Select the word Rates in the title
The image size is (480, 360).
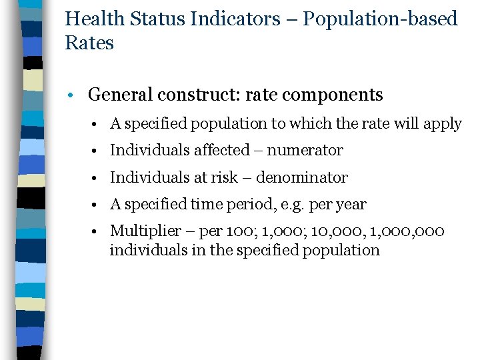pos(89,43)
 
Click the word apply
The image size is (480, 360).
pos(445,124)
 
